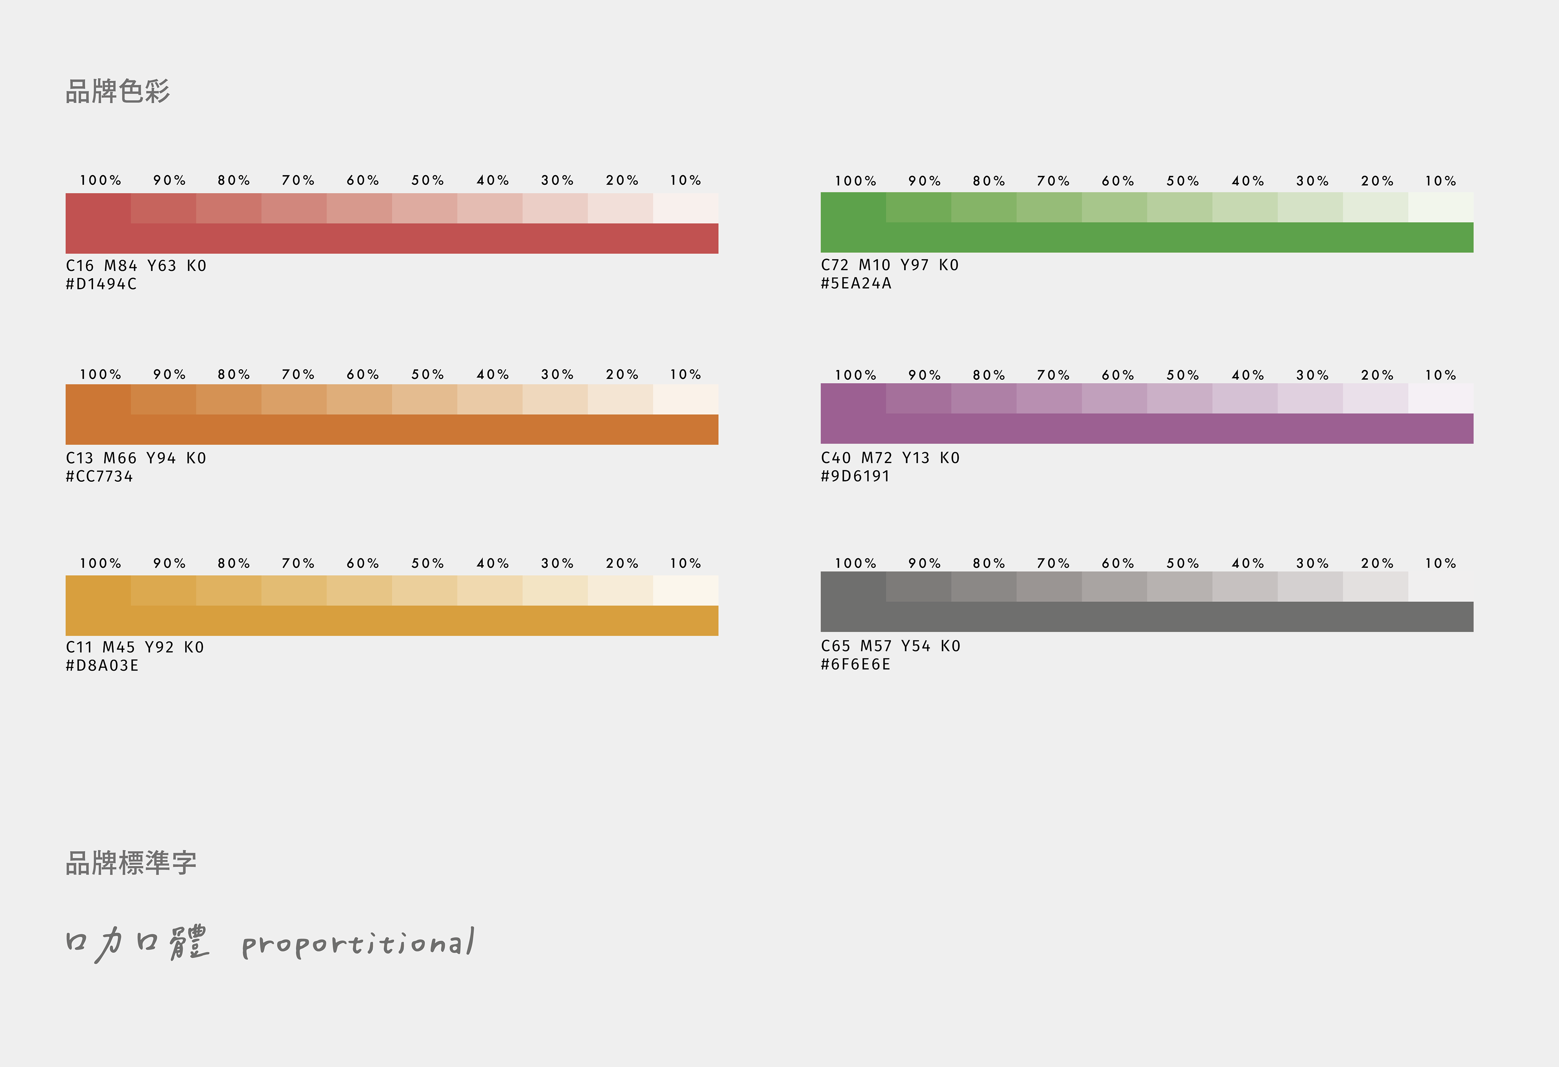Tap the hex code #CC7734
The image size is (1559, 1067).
(x=99, y=476)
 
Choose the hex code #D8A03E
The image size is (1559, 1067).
(x=102, y=666)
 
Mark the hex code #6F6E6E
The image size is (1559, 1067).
(x=855, y=664)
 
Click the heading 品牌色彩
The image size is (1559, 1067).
(x=118, y=91)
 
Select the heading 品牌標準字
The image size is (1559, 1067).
(x=132, y=863)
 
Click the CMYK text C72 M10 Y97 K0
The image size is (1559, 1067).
(x=890, y=265)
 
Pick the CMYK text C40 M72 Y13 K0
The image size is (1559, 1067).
(x=890, y=458)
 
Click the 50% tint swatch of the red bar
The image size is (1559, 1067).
(x=425, y=208)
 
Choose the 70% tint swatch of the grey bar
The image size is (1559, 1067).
(x=1049, y=587)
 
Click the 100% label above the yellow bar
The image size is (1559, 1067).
(x=101, y=564)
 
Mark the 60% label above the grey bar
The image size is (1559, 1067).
(x=1118, y=564)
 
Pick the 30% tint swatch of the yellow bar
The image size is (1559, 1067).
(x=555, y=591)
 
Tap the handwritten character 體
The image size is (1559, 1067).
(x=189, y=942)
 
